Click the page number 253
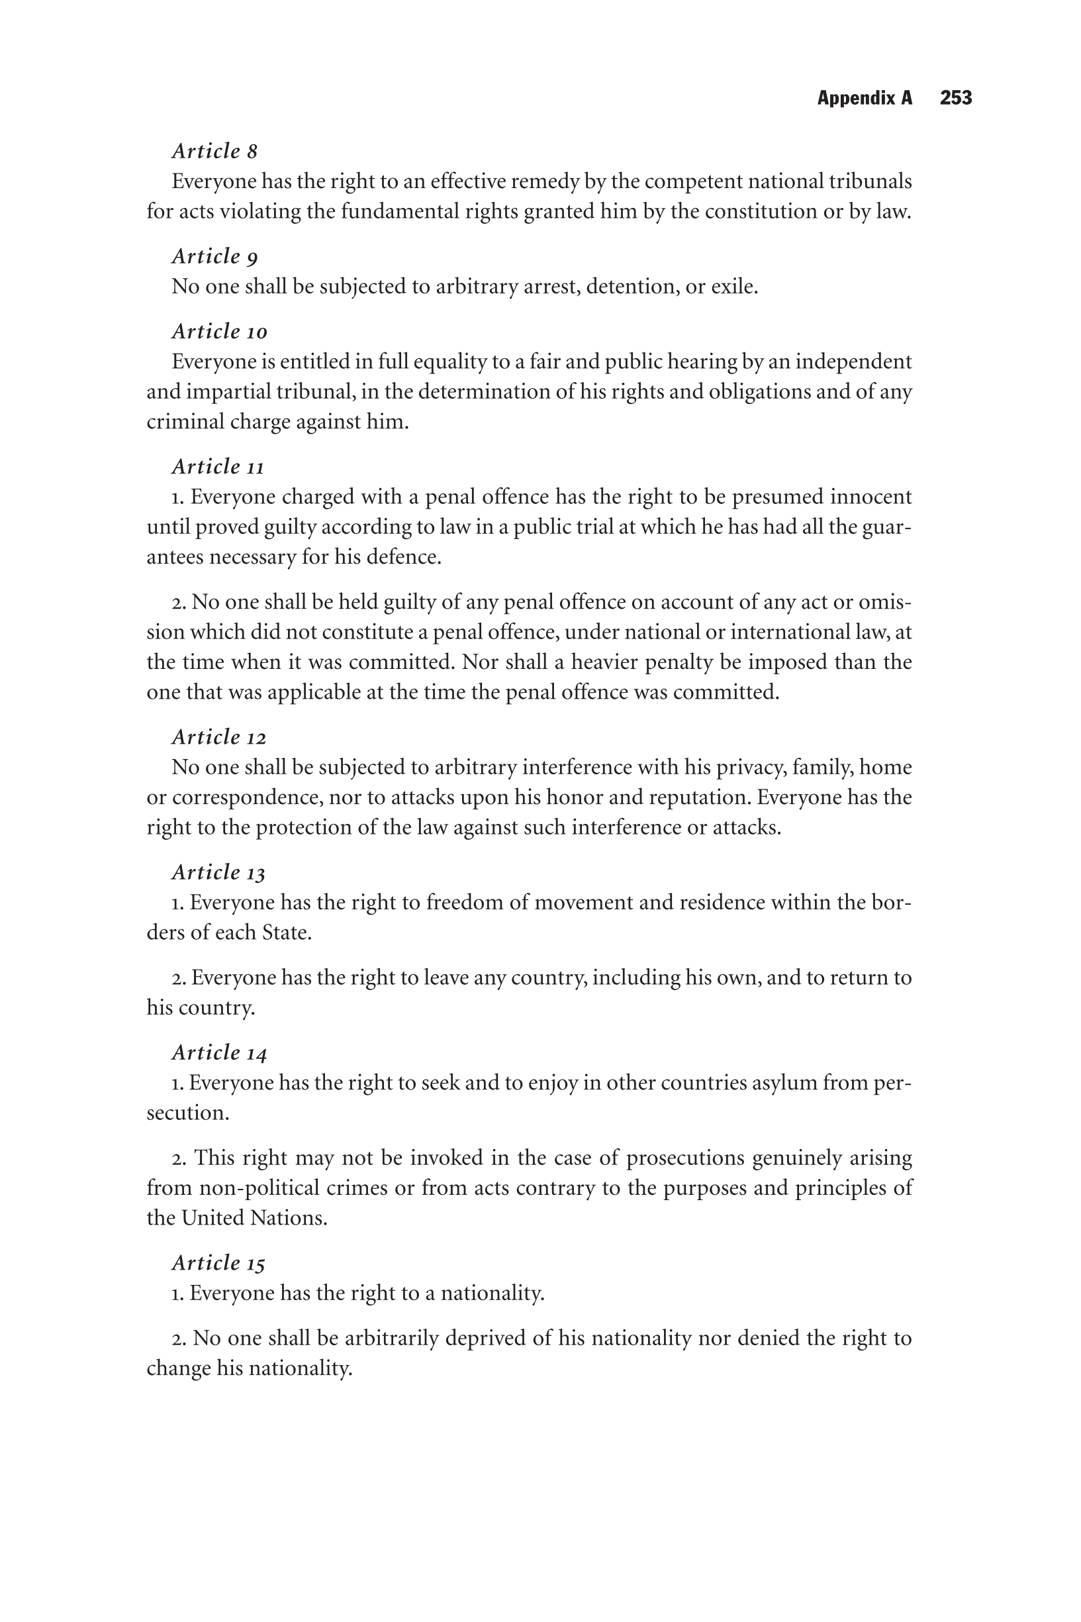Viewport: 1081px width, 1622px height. point(955,98)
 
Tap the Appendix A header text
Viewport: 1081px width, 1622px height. point(865,98)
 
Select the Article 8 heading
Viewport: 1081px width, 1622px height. point(214,151)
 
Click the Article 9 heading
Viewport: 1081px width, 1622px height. point(214,256)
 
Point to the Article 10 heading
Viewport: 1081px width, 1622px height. point(219,332)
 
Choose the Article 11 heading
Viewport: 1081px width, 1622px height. point(218,467)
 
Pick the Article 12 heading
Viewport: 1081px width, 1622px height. point(218,737)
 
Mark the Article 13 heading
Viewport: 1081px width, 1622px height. point(218,872)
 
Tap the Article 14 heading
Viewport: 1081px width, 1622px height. point(219,1052)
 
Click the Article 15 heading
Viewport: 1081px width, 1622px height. point(218,1263)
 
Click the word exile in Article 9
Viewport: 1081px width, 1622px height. point(733,286)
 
